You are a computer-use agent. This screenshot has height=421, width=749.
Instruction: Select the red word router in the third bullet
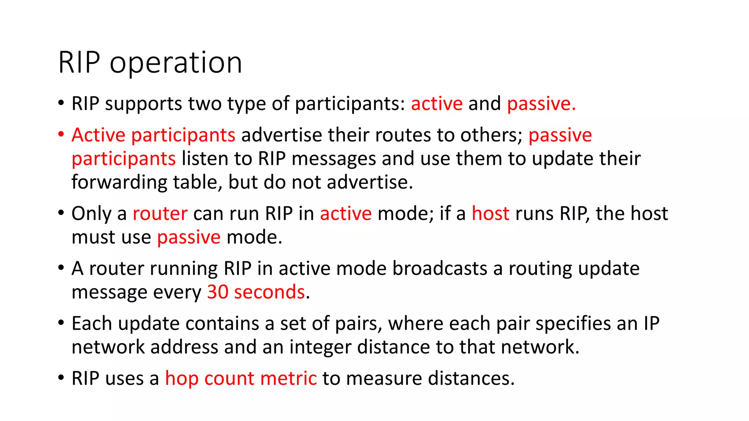pyautogui.click(x=160, y=213)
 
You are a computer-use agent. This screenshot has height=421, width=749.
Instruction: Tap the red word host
pyautogui.click(x=490, y=213)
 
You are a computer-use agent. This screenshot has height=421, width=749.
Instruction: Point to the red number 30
pyautogui.click(x=218, y=292)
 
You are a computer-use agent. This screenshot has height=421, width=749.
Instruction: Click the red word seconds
pyautogui.click(x=269, y=292)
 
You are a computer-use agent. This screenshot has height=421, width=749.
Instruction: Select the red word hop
pyautogui.click(x=182, y=379)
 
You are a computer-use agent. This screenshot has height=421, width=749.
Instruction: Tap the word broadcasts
pyautogui.click(x=440, y=269)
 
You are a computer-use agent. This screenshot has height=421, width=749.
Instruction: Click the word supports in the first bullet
pyautogui.click(x=143, y=104)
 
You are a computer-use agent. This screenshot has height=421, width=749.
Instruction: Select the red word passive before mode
pyautogui.click(x=189, y=238)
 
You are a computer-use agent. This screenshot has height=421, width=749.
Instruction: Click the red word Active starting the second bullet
pyautogui.click(x=98, y=135)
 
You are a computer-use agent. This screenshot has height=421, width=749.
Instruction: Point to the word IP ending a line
pyautogui.click(x=651, y=323)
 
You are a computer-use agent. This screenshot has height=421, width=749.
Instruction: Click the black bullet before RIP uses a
pyautogui.click(x=61, y=377)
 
